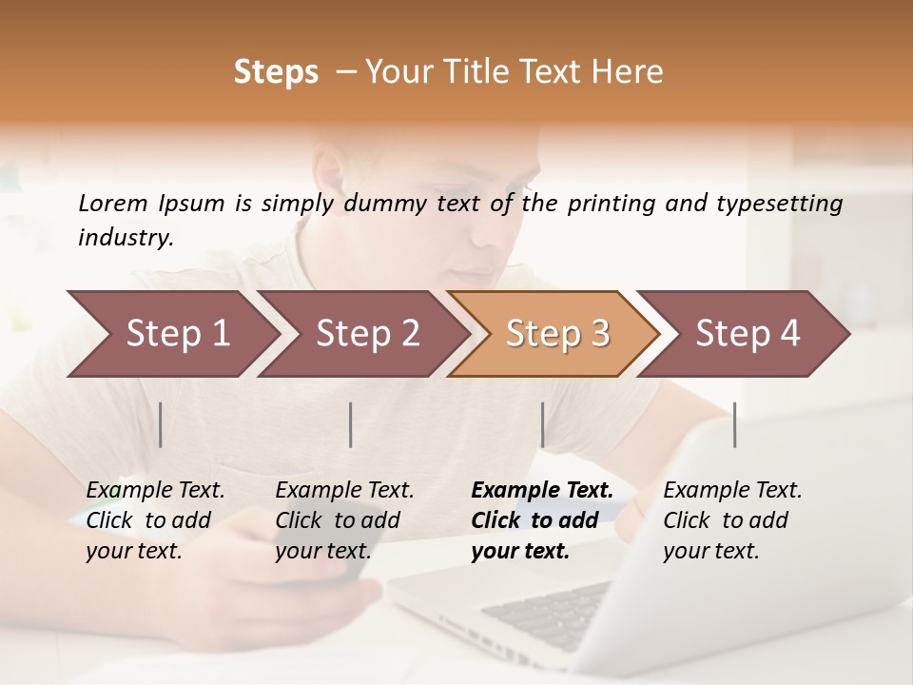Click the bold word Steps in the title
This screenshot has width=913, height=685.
(x=276, y=72)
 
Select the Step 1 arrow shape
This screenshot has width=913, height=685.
(x=177, y=334)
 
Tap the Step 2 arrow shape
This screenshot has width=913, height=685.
(x=367, y=334)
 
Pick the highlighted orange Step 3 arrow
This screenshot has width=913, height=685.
(x=557, y=334)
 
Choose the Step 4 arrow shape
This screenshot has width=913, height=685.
(x=748, y=334)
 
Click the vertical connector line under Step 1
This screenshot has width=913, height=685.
(x=161, y=424)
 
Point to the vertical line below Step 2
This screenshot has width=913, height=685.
(x=351, y=424)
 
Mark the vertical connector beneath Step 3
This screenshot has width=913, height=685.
(x=543, y=424)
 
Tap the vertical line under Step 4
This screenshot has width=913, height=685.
(x=734, y=424)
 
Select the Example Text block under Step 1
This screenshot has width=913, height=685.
(x=155, y=520)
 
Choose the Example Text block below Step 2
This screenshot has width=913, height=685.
(x=344, y=520)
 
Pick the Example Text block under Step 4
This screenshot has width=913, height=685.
(x=732, y=520)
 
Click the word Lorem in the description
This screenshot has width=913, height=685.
(x=113, y=204)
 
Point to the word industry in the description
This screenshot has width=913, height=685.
(x=125, y=238)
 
